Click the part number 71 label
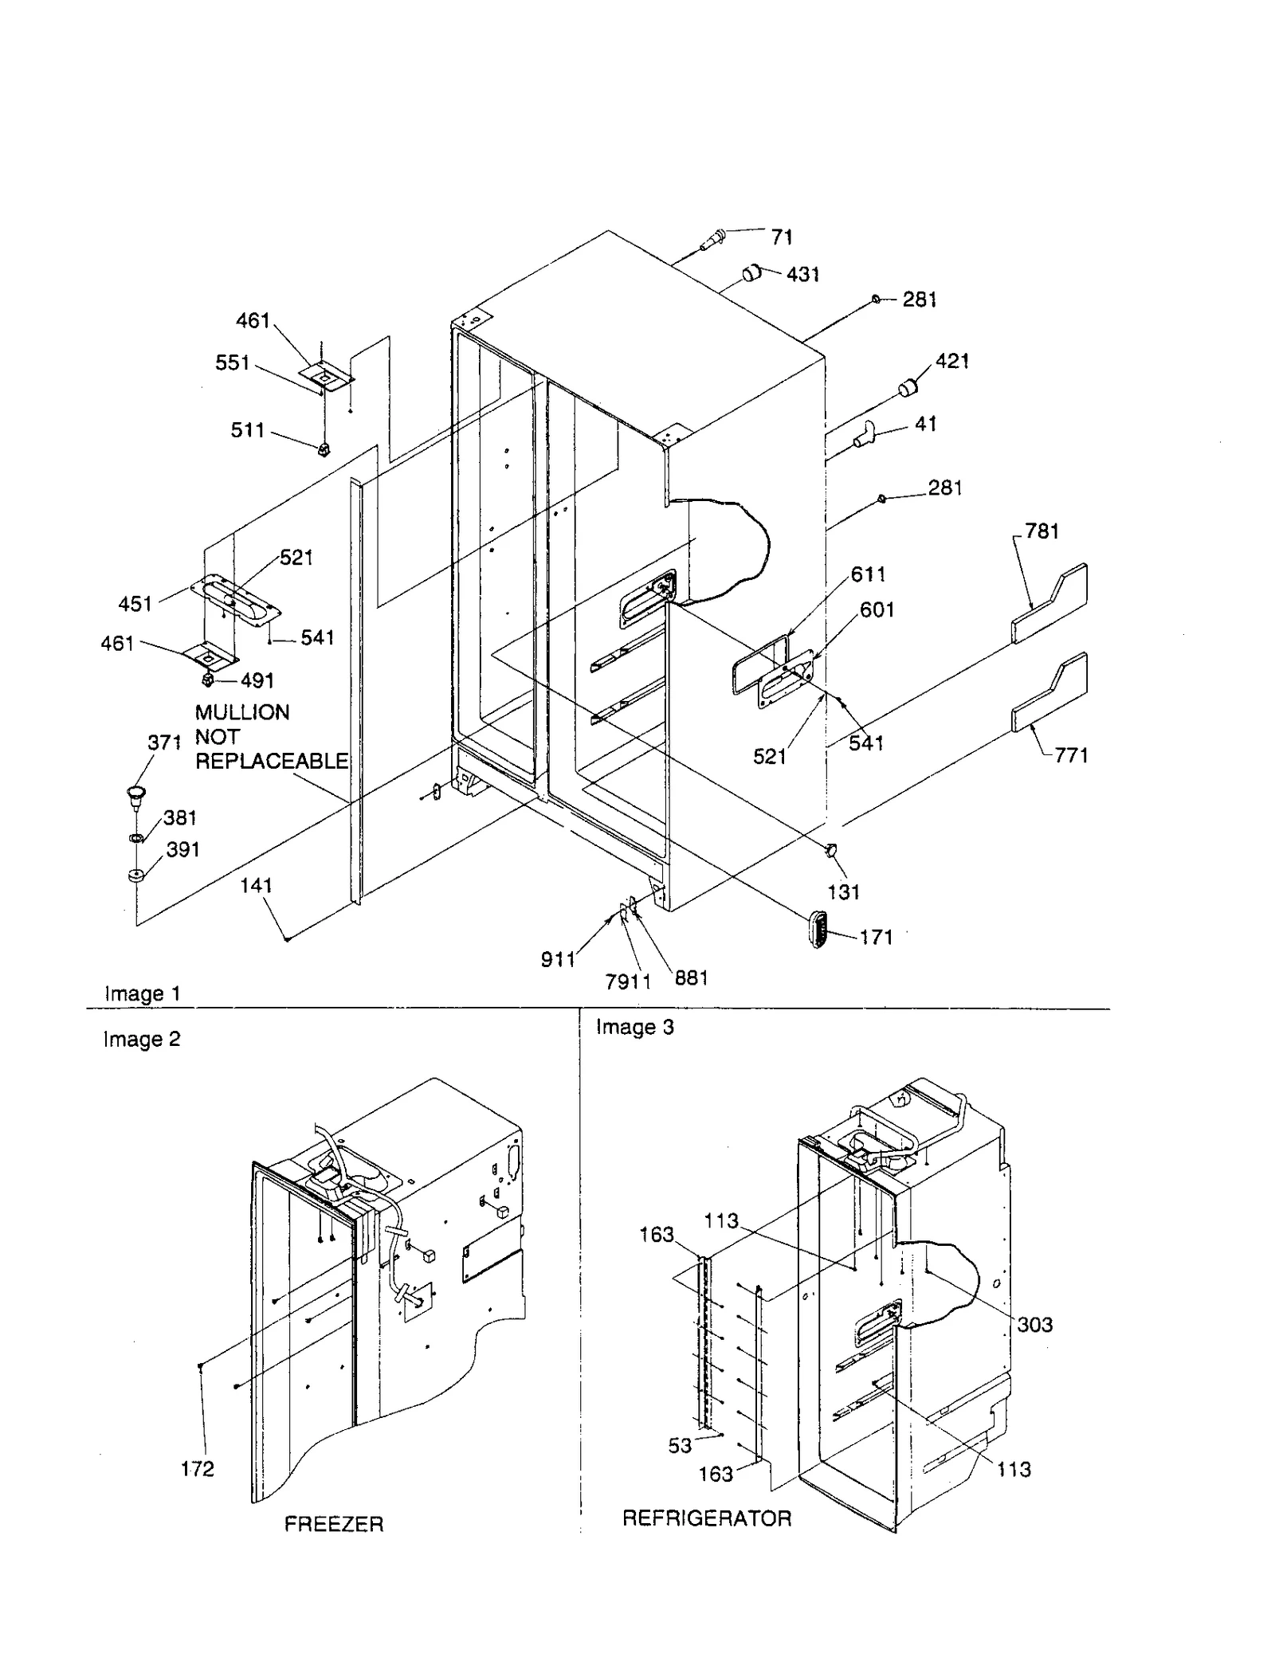coord(781,237)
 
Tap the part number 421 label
coord(951,361)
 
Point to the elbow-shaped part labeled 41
coord(863,435)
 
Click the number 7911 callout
coord(627,981)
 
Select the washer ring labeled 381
coord(136,838)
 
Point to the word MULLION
coord(242,712)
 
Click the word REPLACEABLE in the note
coord(272,761)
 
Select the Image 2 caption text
coord(142,1039)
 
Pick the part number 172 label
coord(197,1468)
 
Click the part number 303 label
coord(1034,1324)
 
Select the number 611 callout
coord(868,574)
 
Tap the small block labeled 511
coord(324,450)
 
